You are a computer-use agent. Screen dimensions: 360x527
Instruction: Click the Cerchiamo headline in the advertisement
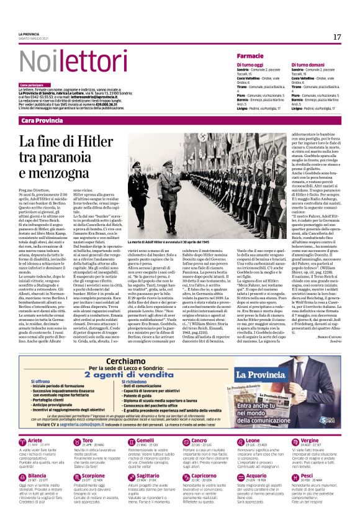coord(119,363)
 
